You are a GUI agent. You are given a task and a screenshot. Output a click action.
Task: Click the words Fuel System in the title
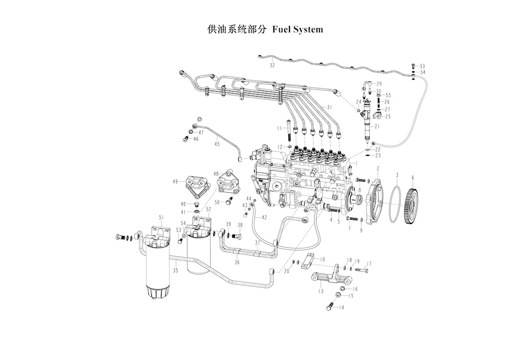point(298,29)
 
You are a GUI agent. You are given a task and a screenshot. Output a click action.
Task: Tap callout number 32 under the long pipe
point(272,65)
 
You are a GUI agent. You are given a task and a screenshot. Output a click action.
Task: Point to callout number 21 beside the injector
point(377,126)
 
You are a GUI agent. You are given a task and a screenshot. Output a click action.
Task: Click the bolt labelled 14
point(330,306)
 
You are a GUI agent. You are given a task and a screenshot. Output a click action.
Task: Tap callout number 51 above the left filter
point(161,217)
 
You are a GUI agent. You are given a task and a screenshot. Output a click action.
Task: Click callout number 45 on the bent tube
point(217,144)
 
